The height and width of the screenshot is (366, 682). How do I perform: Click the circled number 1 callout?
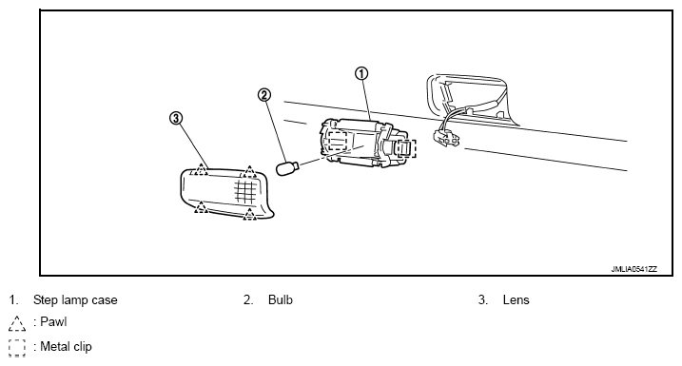point(361,73)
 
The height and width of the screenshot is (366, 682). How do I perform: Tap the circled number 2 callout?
point(264,95)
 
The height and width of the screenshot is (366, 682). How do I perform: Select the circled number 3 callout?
point(175,118)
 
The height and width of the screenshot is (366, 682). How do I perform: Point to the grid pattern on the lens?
point(244,192)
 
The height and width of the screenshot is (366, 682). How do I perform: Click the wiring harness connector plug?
point(446,138)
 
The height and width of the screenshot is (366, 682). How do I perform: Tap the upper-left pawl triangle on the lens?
point(201,169)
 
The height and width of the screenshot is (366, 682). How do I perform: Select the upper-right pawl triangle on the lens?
point(249,172)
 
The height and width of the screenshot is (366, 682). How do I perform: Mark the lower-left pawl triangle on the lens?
point(201,207)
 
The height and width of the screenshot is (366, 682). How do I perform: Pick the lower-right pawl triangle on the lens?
point(249,214)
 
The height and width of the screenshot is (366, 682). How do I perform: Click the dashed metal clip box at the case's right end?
point(406,148)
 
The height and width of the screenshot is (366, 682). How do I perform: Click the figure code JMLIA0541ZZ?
point(633,269)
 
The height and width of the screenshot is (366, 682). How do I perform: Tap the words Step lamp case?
point(75,299)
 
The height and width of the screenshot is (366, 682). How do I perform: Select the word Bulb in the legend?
point(281,299)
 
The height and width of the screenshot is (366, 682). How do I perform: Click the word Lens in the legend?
point(516,299)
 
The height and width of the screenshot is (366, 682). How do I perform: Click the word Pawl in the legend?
point(53,321)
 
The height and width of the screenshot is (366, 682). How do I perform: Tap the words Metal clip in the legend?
point(67,347)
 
